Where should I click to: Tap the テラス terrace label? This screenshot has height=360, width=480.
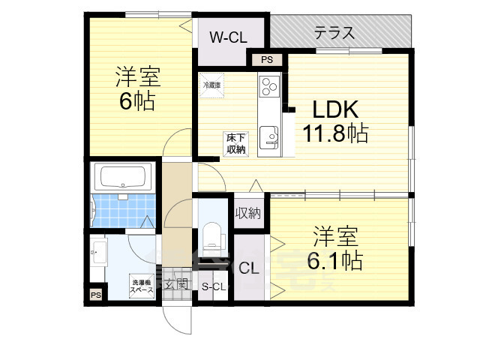[334, 33]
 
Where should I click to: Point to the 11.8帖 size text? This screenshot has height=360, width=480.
[335, 133]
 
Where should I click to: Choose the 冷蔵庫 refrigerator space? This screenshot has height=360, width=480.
[211, 85]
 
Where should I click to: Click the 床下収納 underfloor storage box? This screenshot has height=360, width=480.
[235, 142]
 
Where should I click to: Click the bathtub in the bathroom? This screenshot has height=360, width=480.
[123, 178]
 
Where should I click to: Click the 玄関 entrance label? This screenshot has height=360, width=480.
[177, 284]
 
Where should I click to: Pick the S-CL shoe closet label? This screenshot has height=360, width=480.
[214, 286]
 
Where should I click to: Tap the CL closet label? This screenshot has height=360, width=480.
[249, 268]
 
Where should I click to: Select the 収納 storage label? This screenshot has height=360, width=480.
[248, 214]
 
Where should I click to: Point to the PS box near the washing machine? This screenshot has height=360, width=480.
[95, 295]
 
